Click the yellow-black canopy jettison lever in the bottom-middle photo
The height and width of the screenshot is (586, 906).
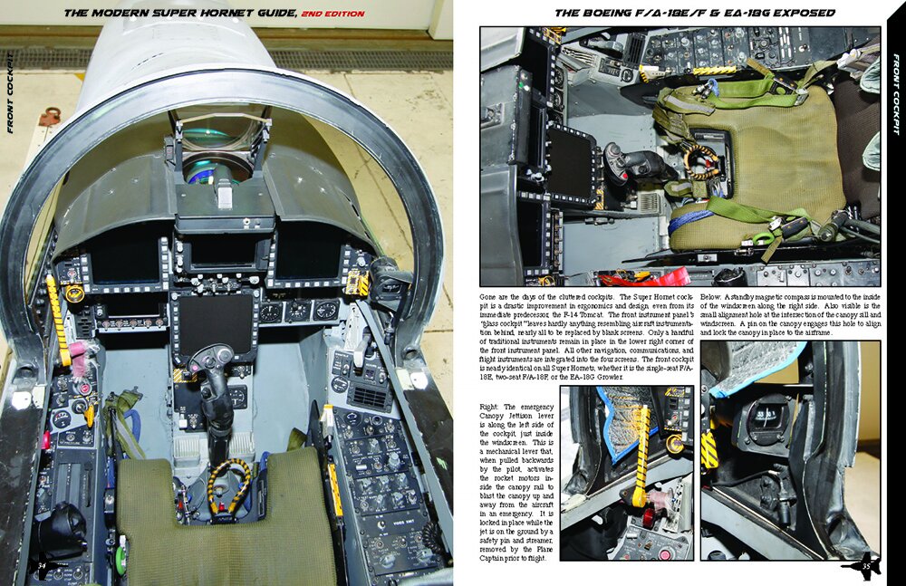click(641, 453)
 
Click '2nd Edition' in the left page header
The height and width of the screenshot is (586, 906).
click(333, 14)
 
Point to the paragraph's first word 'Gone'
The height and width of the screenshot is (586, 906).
click(490, 298)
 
